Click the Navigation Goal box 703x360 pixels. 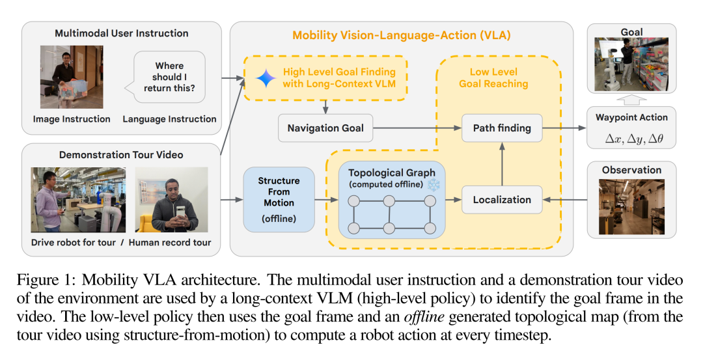click(x=325, y=128)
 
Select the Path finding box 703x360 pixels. click(x=501, y=128)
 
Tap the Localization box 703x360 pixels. click(x=501, y=200)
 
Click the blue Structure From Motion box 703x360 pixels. click(x=279, y=199)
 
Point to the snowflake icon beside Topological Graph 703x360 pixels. click(x=433, y=185)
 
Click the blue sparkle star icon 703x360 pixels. click(x=266, y=78)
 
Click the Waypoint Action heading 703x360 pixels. click(x=631, y=117)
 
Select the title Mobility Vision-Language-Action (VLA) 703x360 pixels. click(x=402, y=35)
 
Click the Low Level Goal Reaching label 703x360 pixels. click(x=493, y=77)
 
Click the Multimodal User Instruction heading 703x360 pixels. click(x=122, y=33)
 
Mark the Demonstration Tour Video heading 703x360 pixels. click(x=121, y=155)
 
